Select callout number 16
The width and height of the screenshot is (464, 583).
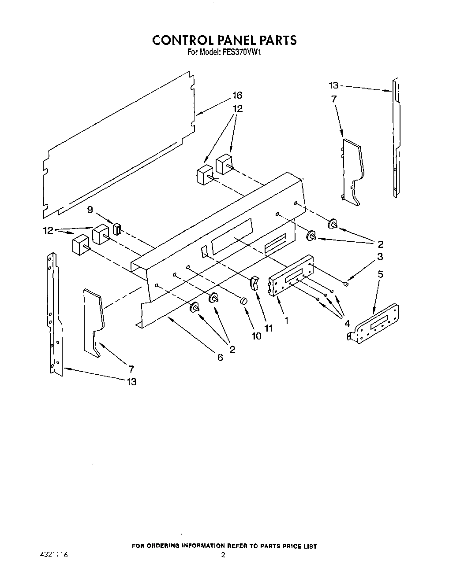[x=237, y=96]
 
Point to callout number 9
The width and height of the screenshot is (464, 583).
[x=90, y=210]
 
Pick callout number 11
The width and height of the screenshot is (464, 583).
[x=268, y=328]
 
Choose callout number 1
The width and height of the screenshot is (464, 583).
[x=287, y=321]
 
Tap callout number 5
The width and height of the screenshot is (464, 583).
[x=380, y=274]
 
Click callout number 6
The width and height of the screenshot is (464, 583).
[x=220, y=358]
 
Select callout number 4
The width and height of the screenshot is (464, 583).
[x=348, y=324]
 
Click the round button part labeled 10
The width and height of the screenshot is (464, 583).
[x=243, y=301]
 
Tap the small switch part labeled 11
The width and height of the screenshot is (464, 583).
[x=254, y=283]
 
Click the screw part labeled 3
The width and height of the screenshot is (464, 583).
[x=346, y=284]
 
